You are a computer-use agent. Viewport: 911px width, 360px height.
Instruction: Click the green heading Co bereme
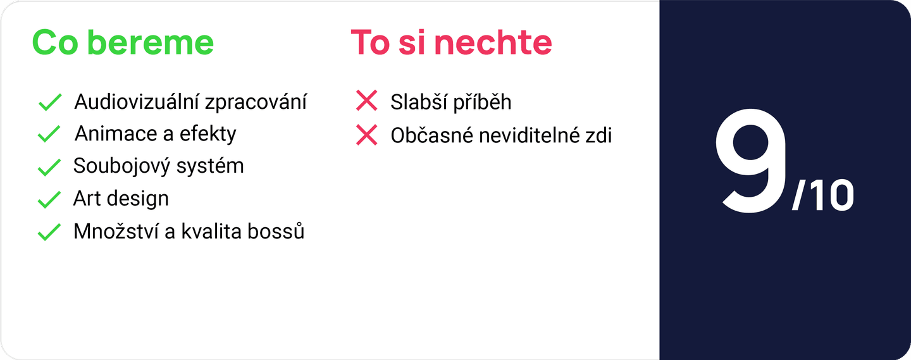coord(123,42)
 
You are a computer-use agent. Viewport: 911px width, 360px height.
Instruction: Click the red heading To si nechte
coord(451,42)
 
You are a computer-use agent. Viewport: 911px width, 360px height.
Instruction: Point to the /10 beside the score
coord(822,197)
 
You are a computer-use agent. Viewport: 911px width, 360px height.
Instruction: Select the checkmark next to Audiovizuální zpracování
coord(49,102)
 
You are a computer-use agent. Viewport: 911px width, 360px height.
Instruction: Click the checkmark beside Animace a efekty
coord(49,134)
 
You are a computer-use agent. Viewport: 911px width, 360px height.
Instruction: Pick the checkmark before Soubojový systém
coord(49,167)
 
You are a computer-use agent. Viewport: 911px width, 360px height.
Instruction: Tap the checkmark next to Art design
coord(49,199)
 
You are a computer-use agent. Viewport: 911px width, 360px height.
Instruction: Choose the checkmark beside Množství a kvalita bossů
coord(49,232)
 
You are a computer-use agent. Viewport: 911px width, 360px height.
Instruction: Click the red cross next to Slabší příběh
coord(367,101)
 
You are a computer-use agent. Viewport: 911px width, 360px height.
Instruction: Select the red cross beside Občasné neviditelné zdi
coord(367,135)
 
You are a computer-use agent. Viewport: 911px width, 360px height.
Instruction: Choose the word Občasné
coord(433,135)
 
